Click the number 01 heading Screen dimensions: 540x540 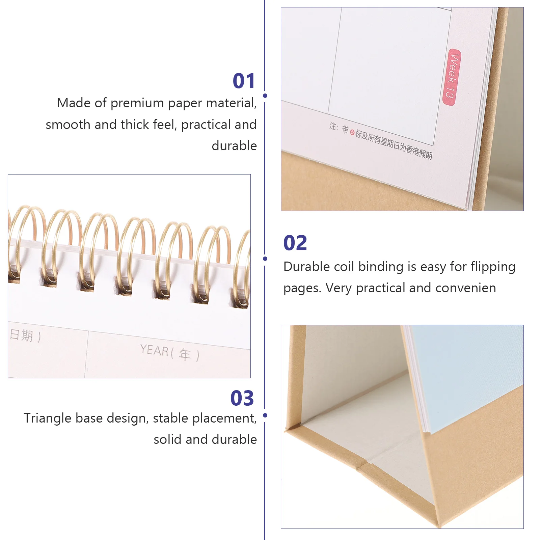point(244,81)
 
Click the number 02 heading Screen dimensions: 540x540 point(295,243)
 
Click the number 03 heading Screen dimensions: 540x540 point(242,398)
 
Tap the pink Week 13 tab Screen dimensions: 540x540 point(452,77)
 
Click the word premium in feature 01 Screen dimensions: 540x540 point(137,103)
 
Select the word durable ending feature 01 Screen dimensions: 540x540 point(234,146)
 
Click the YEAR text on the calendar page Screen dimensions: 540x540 point(154,350)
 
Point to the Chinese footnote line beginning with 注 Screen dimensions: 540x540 point(380,140)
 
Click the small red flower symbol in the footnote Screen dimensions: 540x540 point(352,133)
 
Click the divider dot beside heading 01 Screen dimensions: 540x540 point(265,96)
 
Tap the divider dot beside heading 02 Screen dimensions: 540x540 point(265,259)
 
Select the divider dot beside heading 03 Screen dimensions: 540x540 point(265,415)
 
